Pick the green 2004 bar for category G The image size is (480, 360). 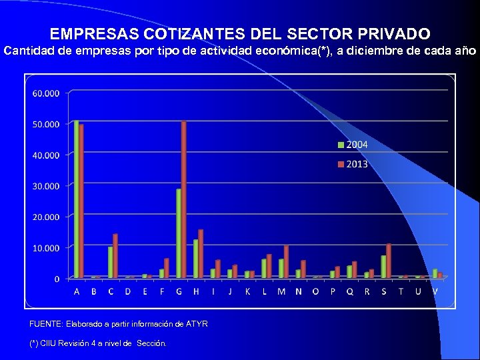click(179, 233)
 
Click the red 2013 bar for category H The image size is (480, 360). click(201, 253)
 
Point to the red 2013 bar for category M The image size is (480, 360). click(286, 261)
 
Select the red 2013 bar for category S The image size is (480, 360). click(389, 261)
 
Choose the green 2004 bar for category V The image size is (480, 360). click(435, 273)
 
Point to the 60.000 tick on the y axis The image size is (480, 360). click(46, 93)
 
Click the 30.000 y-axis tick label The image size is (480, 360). click(46, 186)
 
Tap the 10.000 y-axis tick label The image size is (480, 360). click(46, 248)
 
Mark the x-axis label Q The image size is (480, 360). click(350, 291)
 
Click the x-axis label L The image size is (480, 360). click(265, 291)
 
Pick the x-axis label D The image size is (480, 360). click(128, 291)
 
